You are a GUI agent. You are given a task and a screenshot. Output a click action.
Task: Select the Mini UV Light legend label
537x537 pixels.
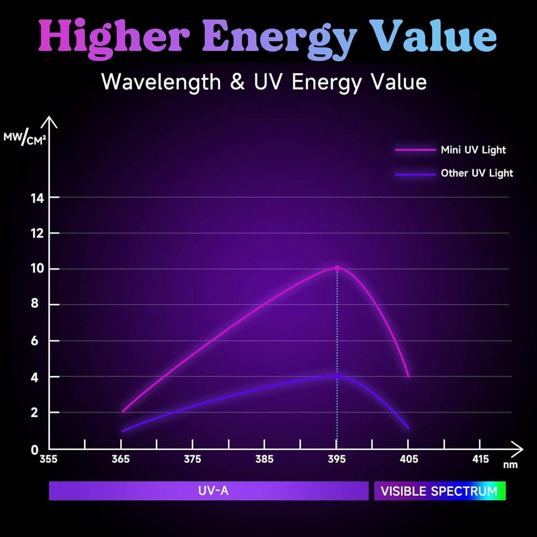coord(473,150)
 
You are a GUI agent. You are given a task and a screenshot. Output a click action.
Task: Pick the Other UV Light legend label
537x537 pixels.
coord(476,173)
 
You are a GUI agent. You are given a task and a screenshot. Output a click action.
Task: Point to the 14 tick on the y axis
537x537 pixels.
coord(38,198)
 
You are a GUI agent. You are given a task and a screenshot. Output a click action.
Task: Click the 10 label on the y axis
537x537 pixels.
coord(38,269)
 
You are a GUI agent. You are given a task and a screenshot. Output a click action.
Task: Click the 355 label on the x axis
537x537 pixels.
coord(49,460)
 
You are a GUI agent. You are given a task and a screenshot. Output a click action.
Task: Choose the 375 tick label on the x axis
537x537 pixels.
coord(192,460)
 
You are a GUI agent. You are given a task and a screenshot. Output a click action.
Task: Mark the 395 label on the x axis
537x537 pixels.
coord(336,460)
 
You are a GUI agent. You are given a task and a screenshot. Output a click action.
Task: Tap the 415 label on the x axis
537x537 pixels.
coord(480,460)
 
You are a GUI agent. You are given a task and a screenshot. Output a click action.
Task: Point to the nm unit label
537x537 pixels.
coord(510,465)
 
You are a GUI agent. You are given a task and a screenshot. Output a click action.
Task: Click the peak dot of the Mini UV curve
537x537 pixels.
coord(337,268)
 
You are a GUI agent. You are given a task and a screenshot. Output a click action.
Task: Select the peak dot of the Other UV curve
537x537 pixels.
coord(337,375)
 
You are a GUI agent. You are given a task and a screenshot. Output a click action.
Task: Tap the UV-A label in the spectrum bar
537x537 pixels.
coord(208,491)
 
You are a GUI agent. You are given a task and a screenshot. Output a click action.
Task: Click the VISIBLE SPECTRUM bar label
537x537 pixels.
coord(439,491)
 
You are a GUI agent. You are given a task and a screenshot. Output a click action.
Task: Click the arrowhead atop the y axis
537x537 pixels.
coord(49,121)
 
